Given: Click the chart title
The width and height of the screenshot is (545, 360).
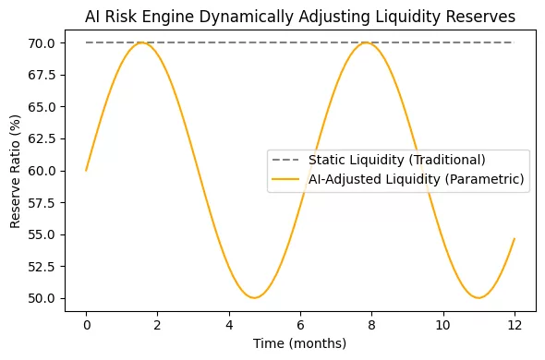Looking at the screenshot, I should click(x=299, y=17).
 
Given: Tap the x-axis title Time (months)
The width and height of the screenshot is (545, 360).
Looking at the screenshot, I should click(x=299, y=343).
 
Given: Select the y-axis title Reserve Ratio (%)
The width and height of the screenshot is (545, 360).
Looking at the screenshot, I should click(x=16, y=171).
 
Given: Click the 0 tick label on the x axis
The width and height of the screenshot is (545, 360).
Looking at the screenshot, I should click(x=86, y=325).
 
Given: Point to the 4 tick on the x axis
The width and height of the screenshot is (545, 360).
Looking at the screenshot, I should click(x=229, y=325).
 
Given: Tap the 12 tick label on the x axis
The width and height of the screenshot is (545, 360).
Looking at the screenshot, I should click(x=515, y=325).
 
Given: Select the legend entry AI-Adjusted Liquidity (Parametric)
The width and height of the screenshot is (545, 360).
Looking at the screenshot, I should click(x=418, y=180).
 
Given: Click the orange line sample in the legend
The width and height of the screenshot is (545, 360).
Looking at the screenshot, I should click(x=286, y=180).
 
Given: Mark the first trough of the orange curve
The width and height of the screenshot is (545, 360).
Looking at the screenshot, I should click(x=254, y=297).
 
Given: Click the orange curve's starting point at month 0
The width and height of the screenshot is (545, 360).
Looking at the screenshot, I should click(x=86, y=171).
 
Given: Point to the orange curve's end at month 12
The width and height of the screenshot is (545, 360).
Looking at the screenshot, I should click(x=515, y=239).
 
